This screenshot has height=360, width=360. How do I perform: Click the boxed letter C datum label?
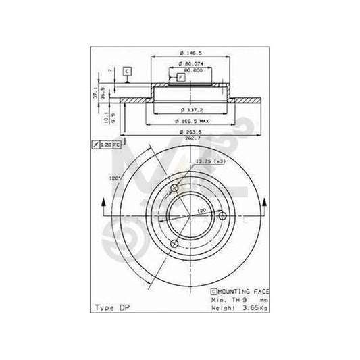point(126,71)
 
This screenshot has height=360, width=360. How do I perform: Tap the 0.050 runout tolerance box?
point(107,145)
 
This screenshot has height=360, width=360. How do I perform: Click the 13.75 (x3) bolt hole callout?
point(206,161)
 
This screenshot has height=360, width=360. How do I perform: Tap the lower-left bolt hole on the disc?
point(174,243)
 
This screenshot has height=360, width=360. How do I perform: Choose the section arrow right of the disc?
point(264,203)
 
